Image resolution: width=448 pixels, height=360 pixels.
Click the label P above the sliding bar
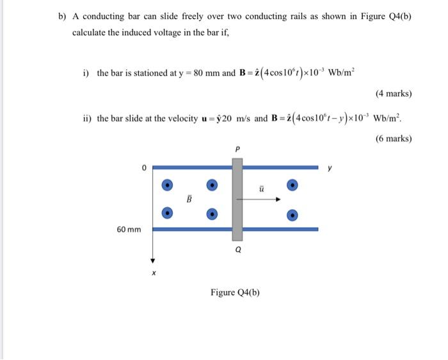[237, 150]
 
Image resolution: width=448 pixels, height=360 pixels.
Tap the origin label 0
[145, 168]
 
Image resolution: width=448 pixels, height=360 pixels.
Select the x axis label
[153, 273]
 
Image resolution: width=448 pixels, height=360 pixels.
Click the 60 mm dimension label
[129, 229]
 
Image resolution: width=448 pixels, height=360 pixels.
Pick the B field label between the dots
[189, 199]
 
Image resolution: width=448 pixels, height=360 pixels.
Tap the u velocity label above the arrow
[261, 189]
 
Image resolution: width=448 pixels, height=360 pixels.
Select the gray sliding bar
[237, 199]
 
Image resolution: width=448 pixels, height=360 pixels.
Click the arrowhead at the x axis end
[153, 260]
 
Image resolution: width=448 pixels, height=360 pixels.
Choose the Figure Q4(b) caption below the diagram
[235, 293]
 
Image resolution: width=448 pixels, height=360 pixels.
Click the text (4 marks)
[393, 94]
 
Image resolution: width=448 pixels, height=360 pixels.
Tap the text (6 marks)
[393, 138]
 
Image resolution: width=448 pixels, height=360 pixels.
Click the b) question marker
[63, 17]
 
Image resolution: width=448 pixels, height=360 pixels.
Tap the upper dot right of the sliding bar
[292, 185]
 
